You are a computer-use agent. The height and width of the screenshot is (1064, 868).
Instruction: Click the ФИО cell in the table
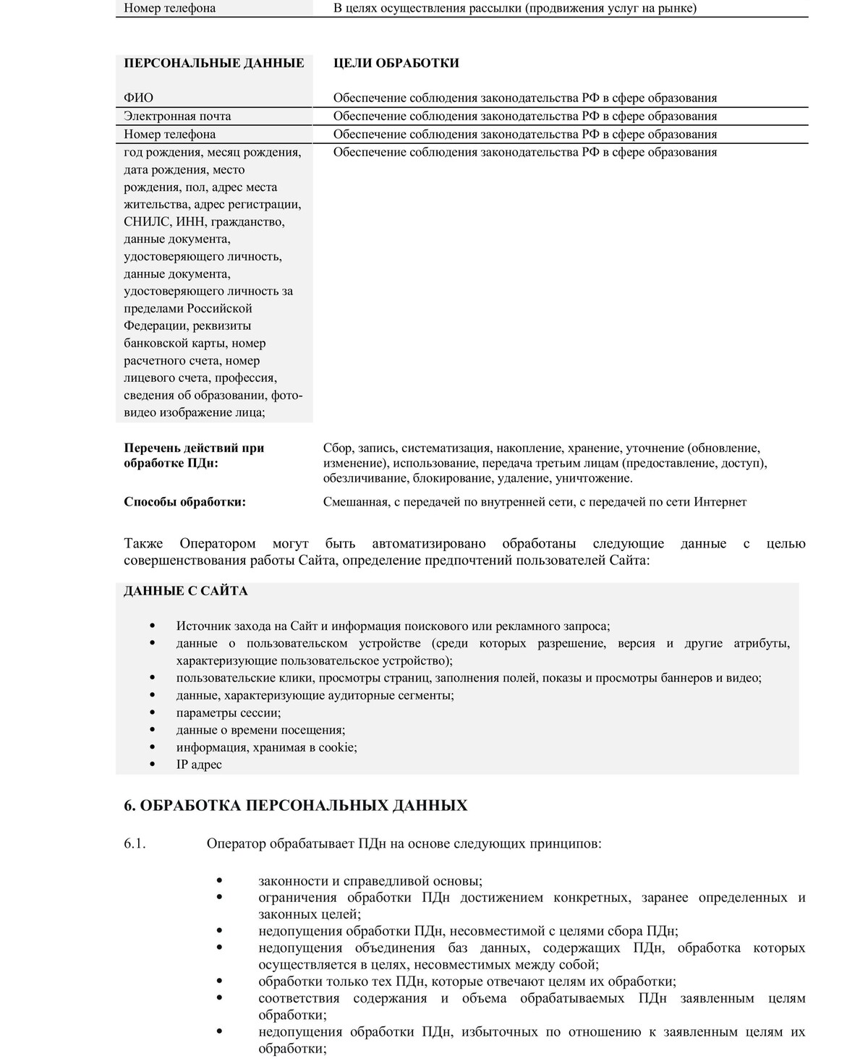(138, 98)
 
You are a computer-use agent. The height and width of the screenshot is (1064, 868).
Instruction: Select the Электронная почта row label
(177, 116)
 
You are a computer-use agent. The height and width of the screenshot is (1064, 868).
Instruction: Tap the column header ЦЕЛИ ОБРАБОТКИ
(396, 63)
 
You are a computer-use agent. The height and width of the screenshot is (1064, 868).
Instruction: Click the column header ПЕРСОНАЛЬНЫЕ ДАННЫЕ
(213, 63)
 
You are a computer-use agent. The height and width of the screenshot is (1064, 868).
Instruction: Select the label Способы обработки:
(184, 502)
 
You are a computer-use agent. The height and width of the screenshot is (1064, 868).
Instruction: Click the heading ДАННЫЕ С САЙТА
(185, 591)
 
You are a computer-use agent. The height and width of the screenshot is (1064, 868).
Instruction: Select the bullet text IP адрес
(199, 765)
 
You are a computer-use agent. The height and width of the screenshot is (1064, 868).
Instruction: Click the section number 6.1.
(135, 843)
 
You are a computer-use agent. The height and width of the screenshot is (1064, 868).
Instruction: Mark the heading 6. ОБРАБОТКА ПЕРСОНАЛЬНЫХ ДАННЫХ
(295, 806)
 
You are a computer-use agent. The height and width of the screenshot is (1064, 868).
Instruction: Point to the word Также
(143, 544)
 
